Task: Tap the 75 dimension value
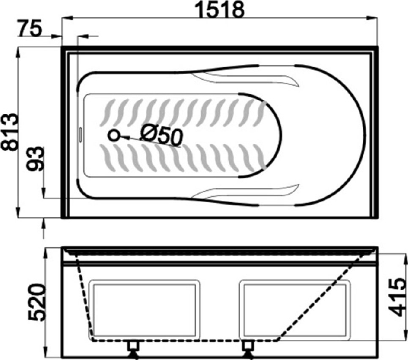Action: [30, 28]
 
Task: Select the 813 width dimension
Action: [10, 132]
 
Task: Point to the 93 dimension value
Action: [36, 159]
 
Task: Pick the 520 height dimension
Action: [37, 302]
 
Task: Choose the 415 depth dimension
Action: [397, 297]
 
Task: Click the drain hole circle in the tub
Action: [113, 135]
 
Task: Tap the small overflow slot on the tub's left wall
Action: [81, 135]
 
